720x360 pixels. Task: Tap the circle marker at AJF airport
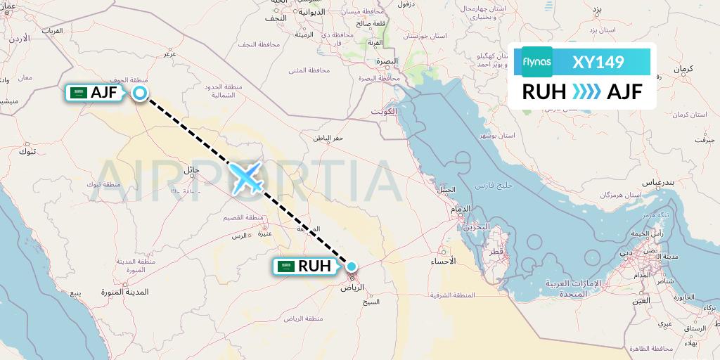coord(140,93)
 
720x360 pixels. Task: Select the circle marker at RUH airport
coord(351,266)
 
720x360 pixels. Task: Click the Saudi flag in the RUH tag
coord(285,266)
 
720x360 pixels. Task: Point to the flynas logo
coord(537,62)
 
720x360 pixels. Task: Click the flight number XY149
coord(598,62)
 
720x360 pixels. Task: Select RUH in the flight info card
coord(544,91)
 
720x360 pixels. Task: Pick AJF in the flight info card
coord(624,91)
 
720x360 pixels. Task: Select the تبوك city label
coord(27,151)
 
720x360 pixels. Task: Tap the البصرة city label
coord(386,61)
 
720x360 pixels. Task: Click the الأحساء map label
coord(443,260)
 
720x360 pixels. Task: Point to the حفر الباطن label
coord(328,138)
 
